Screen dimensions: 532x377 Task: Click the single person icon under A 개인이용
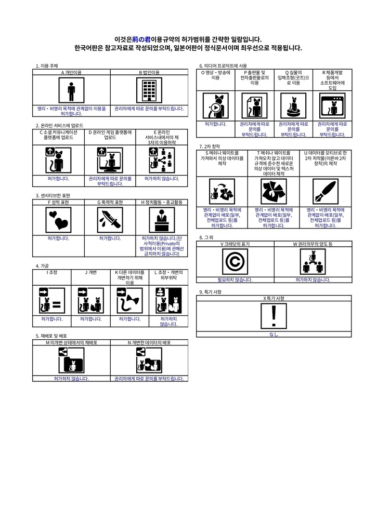coord(71,91)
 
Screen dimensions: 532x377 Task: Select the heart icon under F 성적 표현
coord(58,220)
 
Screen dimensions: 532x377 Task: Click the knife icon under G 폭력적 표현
coord(110,220)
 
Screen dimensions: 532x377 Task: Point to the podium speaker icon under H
coord(162,220)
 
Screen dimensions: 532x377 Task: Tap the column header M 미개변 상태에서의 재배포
coord(72,343)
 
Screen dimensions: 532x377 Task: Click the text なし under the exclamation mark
coord(274,334)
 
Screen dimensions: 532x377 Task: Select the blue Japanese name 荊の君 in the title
coord(141,39)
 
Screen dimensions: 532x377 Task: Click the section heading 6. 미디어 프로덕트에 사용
coord(223,66)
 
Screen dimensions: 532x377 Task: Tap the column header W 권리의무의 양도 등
coord(313,244)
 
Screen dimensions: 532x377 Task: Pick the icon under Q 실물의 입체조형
coord(294,107)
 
